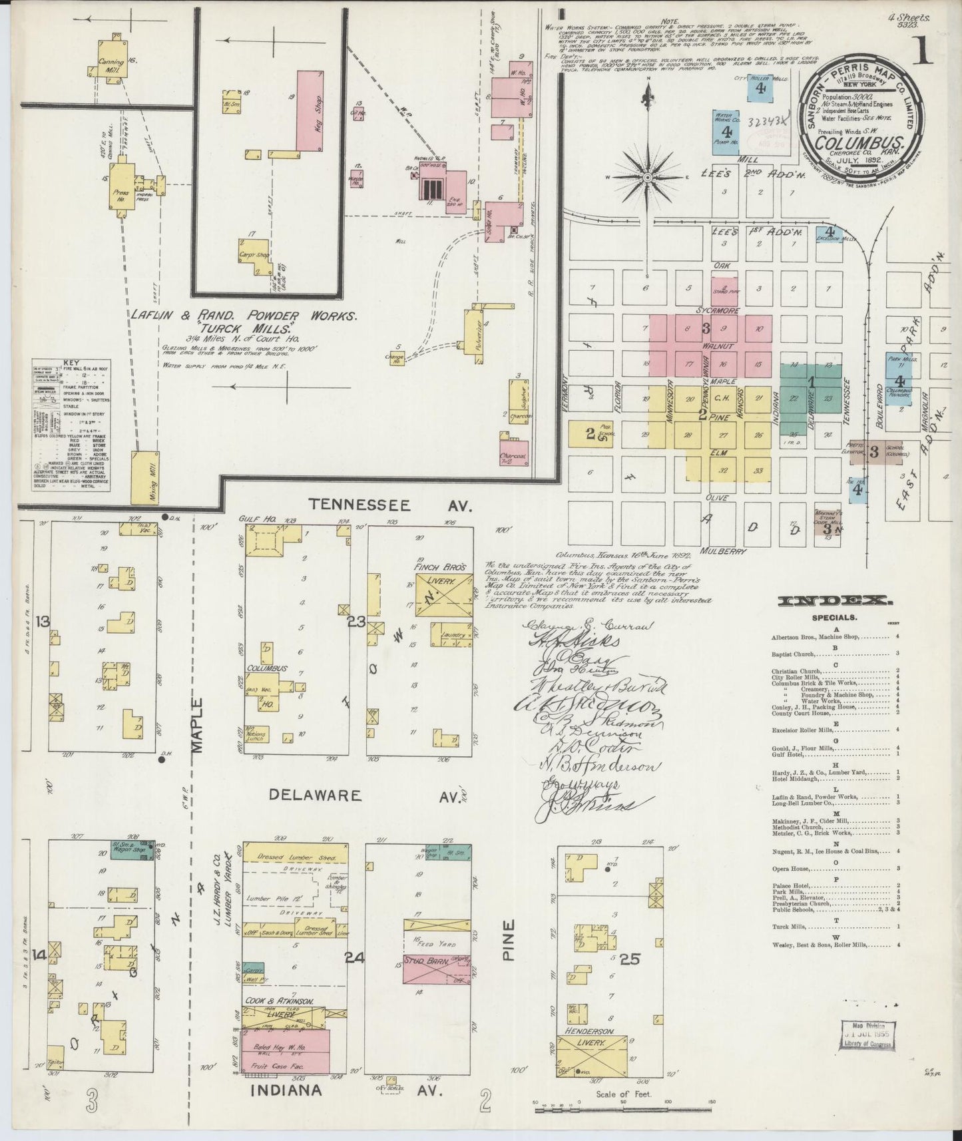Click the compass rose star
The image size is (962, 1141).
coord(647,178)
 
